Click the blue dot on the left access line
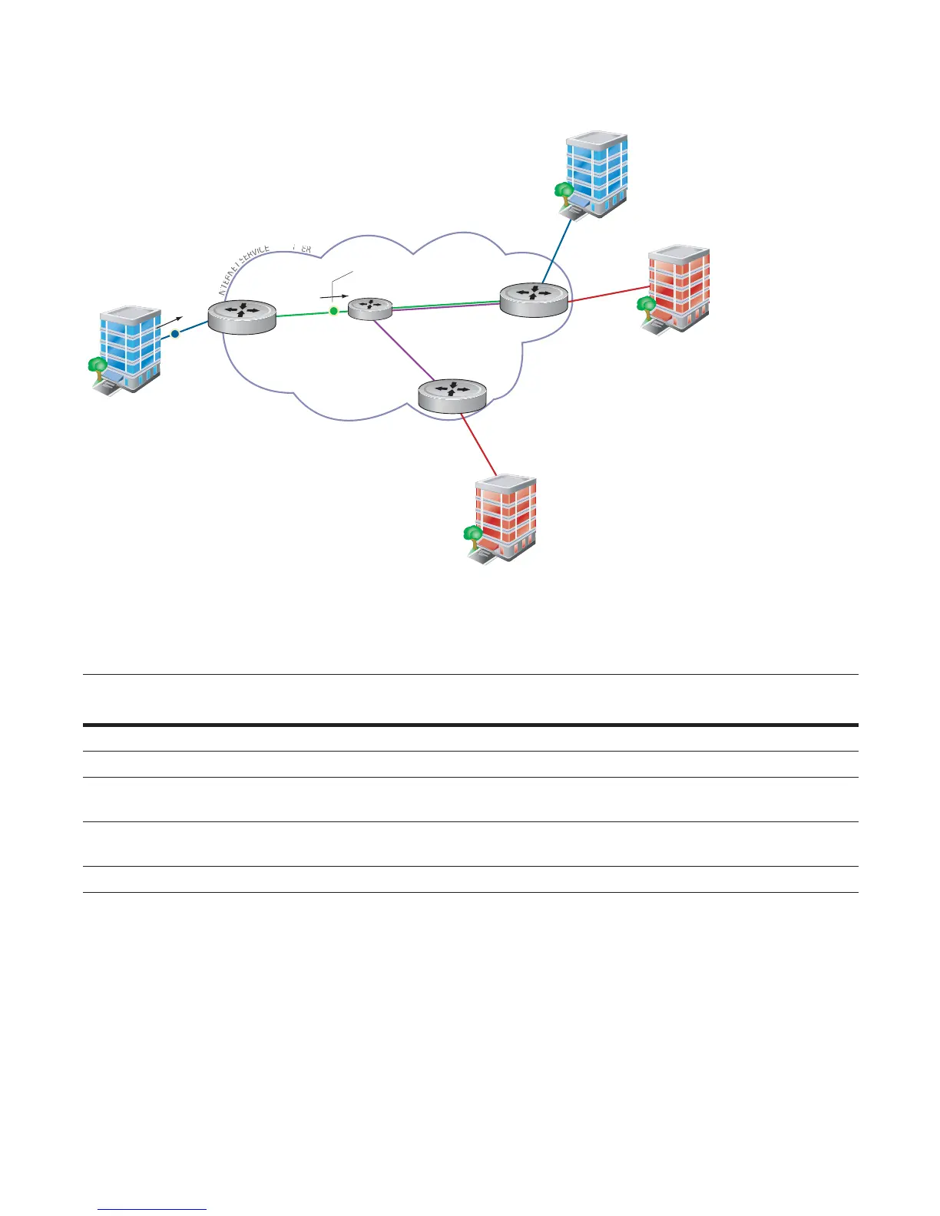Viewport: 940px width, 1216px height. pyautogui.click(x=175, y=334)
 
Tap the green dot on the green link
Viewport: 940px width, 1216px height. pyautogui.click(x=333, y=310)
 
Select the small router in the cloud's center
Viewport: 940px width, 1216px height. pyautogui.click(x=370, y=308)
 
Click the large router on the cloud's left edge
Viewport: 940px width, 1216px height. pyautogui.click(x=241, y=316)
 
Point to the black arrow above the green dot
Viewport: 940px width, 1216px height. pyautogui.click(x=335, y=295)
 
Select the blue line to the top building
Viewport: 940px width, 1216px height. pyautogui.click(x=558, y=248)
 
